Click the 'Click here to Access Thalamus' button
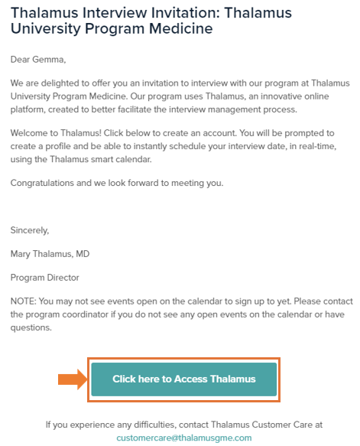pyautogui.click(x=183, y=379)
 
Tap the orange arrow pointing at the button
pyautogui.click(x=73, y=379)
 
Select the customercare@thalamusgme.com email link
pyautogui.click(x=183, y=438)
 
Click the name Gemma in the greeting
pyautogui.click(x=50, y=57)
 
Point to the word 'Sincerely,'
pyautogui.click(x=31, y=230)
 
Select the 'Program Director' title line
pyautogui.click(x=44, y=277)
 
